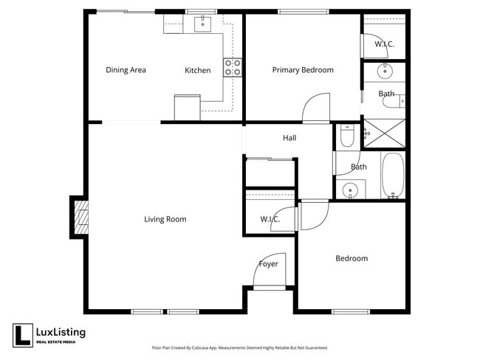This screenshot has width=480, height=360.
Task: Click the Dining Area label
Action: [126, 70]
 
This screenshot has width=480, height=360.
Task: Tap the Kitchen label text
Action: [197, 71]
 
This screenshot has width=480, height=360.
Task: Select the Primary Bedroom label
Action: [303, 70]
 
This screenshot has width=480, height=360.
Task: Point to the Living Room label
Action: [165, 219]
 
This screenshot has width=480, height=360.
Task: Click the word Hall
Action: [289, 138]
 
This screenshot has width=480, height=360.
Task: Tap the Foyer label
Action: [268, 264]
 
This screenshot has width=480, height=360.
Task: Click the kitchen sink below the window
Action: [203, 24]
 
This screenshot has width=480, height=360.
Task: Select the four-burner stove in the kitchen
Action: [233, 68]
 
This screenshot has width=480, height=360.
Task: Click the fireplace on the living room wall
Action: [79, 218]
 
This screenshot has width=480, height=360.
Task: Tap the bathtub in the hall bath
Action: [393, 176]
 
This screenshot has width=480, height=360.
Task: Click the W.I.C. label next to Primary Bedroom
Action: [384, 44]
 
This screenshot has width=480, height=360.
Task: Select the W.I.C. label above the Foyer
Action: [270, 219]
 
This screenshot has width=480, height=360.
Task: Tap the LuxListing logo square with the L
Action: [21, 335]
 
